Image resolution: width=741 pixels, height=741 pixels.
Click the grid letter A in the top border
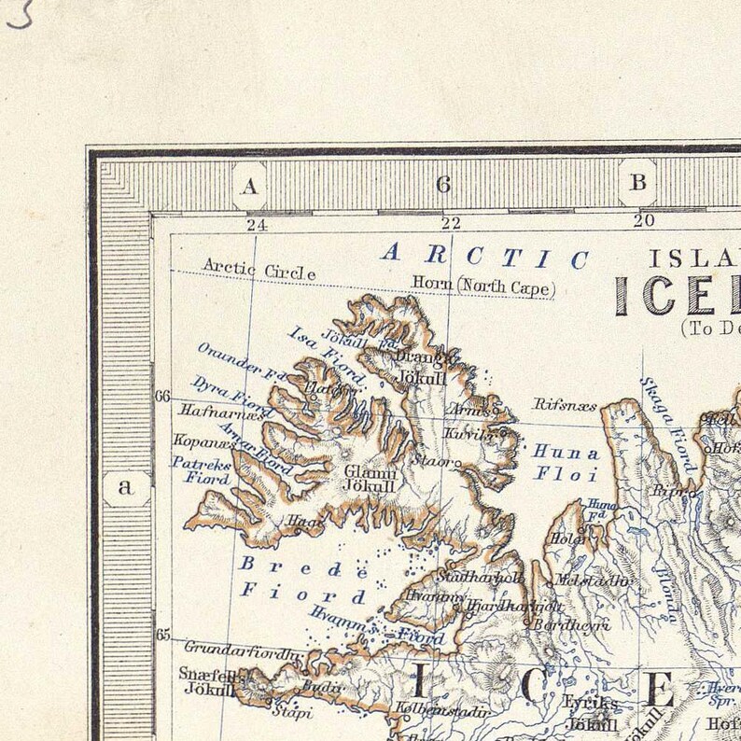coord(249,186)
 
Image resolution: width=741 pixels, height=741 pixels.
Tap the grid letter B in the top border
coord(638,183)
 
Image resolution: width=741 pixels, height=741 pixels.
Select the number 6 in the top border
coord(443,185)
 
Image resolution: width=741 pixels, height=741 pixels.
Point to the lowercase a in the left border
coord(126,486)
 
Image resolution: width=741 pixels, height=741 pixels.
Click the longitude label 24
coord(256,224)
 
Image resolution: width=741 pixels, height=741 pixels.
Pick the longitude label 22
coord(451,223)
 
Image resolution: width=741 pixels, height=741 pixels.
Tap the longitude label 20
coord(643,221)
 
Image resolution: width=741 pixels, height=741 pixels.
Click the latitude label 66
coord(162,397)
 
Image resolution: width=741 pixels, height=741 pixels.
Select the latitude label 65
coord(162,636)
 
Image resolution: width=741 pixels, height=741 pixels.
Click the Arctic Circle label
coord(259,270)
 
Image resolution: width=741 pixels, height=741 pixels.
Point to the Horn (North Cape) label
coord(483,284)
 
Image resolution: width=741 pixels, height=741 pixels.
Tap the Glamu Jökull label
coord(370,478)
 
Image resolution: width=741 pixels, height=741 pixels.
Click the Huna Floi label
coord(566,463)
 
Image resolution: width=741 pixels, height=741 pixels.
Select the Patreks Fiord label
coord(201,469)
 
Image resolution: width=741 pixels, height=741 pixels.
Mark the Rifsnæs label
coord(563,404)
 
